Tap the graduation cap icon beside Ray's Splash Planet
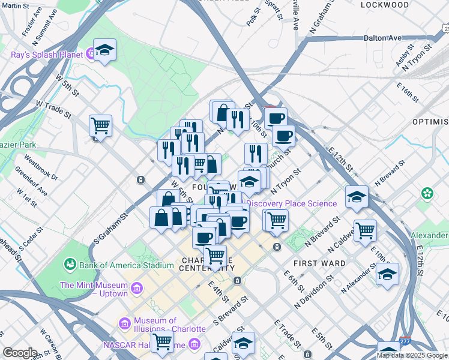point(105,51)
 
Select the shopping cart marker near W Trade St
point(100,126)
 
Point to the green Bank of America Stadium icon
point(71,264)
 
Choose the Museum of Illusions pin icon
point(125,324)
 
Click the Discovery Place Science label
point(292,203)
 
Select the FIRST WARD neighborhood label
point(319,263)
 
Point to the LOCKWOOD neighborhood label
point(385,5)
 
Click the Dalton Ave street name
point(382,38)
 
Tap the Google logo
point(20,352)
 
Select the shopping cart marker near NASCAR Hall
point(161,341)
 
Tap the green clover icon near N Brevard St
point(427,194)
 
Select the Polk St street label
point(253,16)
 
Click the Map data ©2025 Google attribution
point(412,355)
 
